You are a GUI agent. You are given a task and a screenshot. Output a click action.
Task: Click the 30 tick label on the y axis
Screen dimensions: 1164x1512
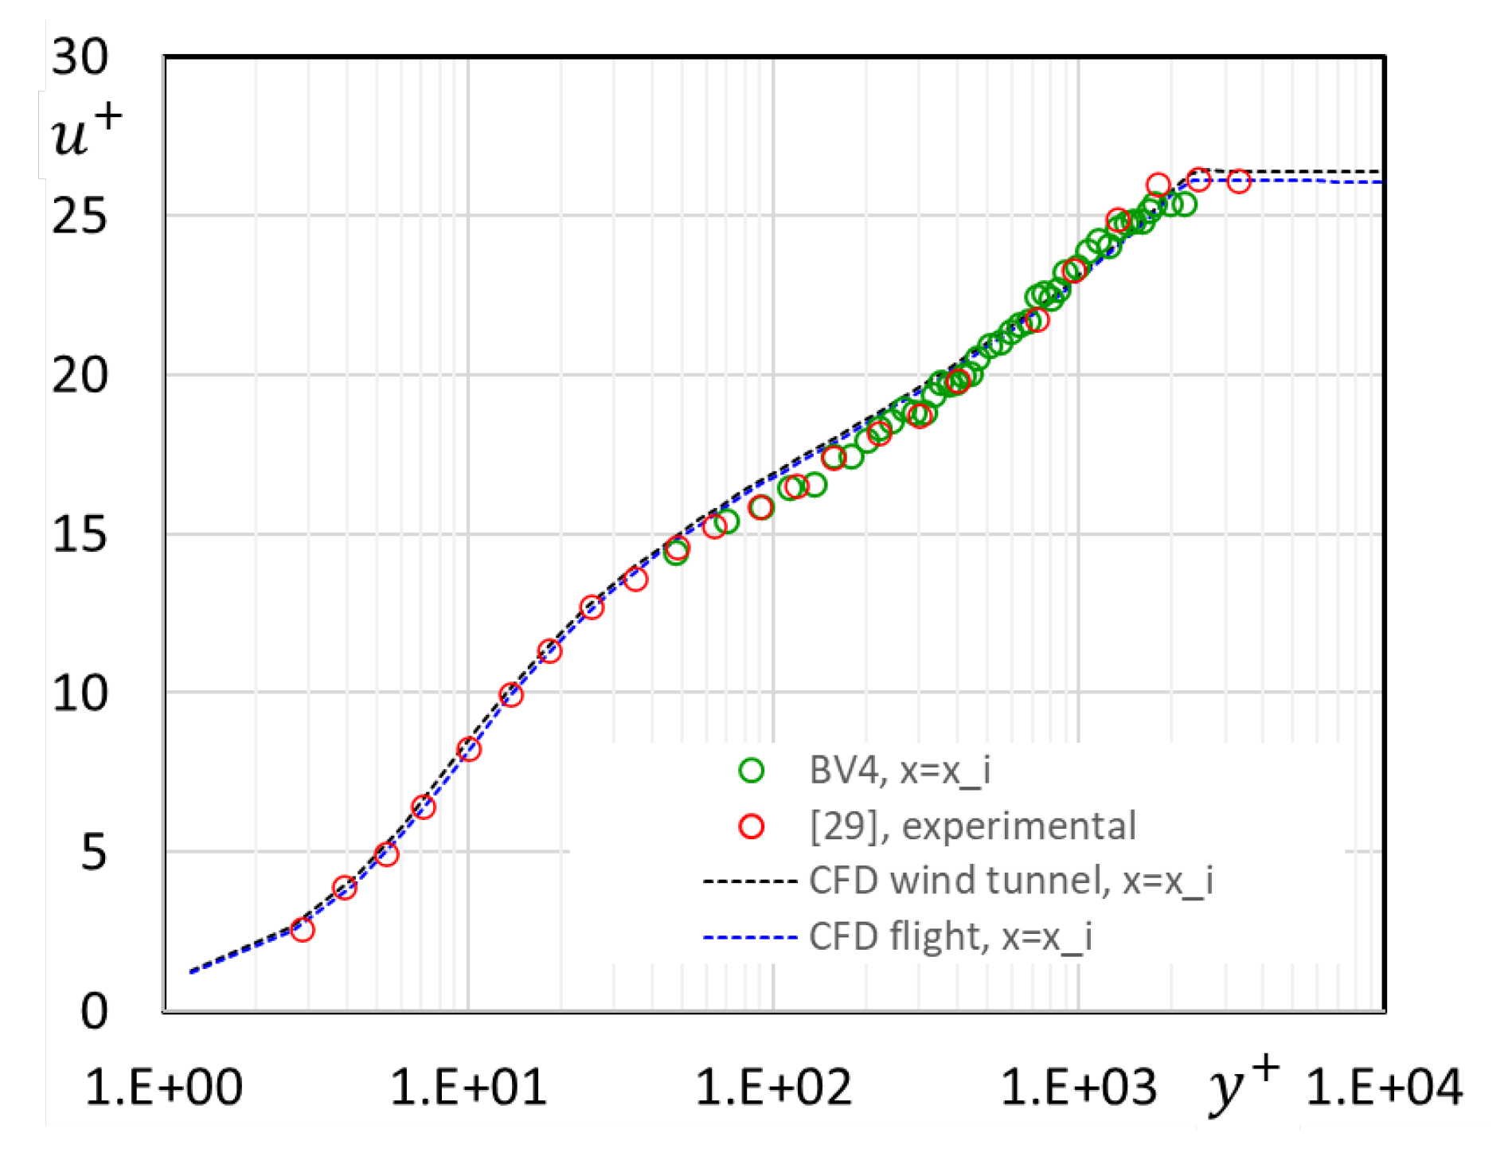pos(80,57)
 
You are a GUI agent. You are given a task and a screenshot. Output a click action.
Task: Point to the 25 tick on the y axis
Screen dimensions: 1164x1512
pos(80,216)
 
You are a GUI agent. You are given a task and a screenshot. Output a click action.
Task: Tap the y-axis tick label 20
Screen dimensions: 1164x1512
pos(80,375)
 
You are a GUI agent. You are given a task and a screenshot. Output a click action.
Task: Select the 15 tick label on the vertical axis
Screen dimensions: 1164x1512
pos(80,534)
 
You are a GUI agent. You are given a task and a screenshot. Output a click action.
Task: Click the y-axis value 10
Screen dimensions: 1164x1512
pos(80,693)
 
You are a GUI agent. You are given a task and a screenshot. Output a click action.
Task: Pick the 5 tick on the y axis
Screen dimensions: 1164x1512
pos(93,853)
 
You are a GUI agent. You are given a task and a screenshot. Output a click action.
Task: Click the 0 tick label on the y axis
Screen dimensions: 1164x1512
pos(94,1012)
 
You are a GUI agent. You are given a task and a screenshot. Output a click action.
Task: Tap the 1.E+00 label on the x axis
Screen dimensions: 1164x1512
pos(163,1088)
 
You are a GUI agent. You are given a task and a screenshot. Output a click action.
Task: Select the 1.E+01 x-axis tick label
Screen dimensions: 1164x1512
pos(468,1088)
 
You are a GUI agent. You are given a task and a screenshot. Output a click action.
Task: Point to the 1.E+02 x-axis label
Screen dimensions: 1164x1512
pos(773,1088)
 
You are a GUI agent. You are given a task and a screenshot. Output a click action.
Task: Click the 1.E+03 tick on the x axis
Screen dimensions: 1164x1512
pos(1078,1088)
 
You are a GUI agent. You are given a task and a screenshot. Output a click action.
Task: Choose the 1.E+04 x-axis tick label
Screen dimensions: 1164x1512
pos(1384,1088)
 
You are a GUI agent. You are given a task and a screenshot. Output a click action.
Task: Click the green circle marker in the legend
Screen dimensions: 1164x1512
pos(751,770)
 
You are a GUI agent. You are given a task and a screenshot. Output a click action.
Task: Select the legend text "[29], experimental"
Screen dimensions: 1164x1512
pos(972,826)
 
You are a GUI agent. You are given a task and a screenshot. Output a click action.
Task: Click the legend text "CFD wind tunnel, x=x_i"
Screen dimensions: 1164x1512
pos(1010,881)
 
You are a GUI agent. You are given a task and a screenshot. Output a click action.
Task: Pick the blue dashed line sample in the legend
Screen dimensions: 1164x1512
pos(750,937)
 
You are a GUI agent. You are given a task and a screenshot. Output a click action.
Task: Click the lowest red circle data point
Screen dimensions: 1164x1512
pos(303,929)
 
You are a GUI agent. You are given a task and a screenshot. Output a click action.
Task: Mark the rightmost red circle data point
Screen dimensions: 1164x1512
pos(1238,182)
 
